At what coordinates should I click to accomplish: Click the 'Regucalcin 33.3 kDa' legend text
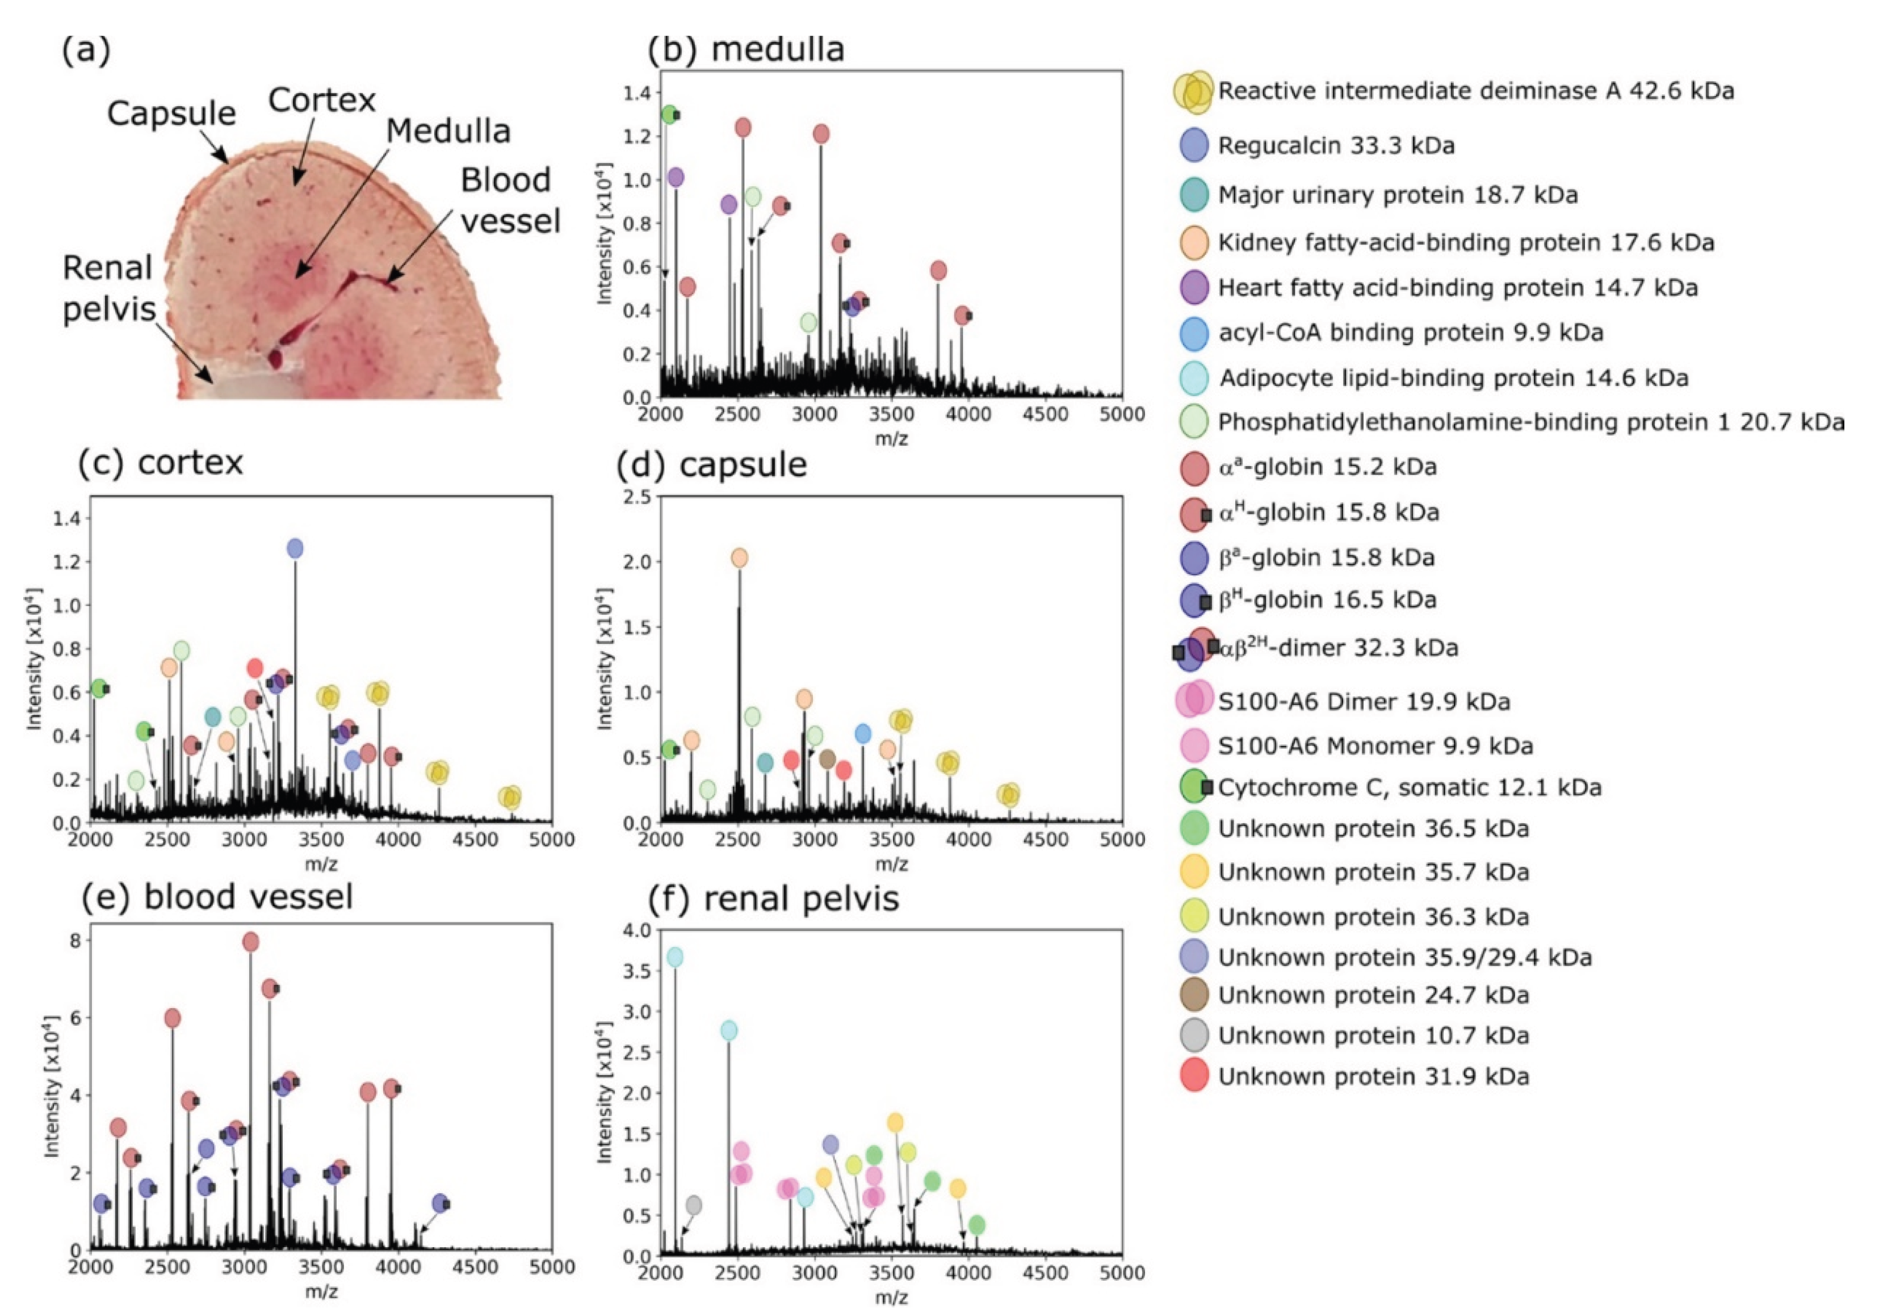[x=1336, y=146]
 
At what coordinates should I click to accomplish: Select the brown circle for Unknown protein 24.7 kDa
[x=1195, y=995]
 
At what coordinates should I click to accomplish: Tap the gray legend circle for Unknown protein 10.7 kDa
[x=1195, y=1035]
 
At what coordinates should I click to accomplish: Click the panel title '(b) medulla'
[x=745, y=49]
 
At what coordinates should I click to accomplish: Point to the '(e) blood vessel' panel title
[x=217, y=896]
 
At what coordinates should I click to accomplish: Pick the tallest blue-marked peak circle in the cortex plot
[x=295, y=548]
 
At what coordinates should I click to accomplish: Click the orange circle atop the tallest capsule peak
[x=739, y=558]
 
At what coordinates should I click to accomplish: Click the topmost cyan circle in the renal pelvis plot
[x=675, y=957]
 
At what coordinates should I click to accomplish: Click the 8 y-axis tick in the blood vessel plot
[x=76, y=941]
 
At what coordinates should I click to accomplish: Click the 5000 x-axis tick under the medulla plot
[x=1121, y=415]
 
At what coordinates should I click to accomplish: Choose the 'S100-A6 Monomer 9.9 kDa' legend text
[x=1375, y=746]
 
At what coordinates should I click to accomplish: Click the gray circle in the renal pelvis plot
[x=694, y=1205]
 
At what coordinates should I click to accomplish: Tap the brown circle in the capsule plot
[x=827, y=759]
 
